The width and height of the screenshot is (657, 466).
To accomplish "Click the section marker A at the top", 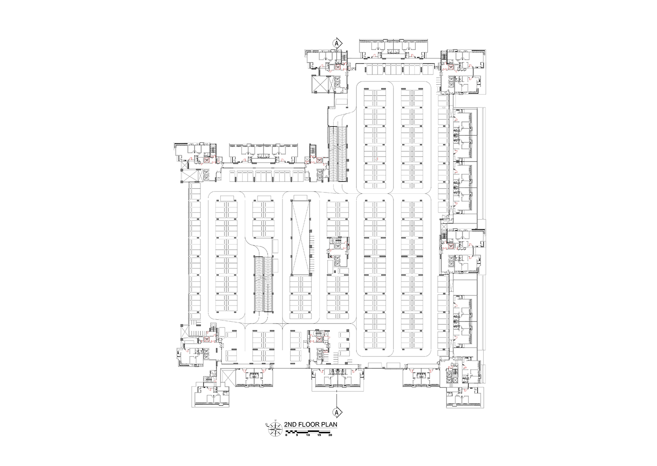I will click(x=337, y=43).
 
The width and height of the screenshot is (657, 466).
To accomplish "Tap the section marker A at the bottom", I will click(x=337, y=412).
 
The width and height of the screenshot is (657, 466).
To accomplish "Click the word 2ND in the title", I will click(x=291, y=425).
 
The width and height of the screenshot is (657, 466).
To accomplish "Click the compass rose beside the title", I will click(x=275, y=428).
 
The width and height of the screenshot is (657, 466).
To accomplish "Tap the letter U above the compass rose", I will click(x=275, y=421).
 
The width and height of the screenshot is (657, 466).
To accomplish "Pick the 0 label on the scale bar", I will click(x=286, y=435).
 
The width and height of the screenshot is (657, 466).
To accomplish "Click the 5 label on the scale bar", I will click(x=297, y=435).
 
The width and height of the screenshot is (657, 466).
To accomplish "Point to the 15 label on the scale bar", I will click(x=319, y=435).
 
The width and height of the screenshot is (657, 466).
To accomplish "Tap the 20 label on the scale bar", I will click(x=330, y=435).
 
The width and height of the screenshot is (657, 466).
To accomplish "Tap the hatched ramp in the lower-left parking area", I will click(x=263, y=284).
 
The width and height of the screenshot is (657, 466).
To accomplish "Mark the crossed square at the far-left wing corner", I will click(x=188, y=175).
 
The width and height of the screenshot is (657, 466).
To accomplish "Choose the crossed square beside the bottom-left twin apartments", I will click(x=228, y=377).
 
